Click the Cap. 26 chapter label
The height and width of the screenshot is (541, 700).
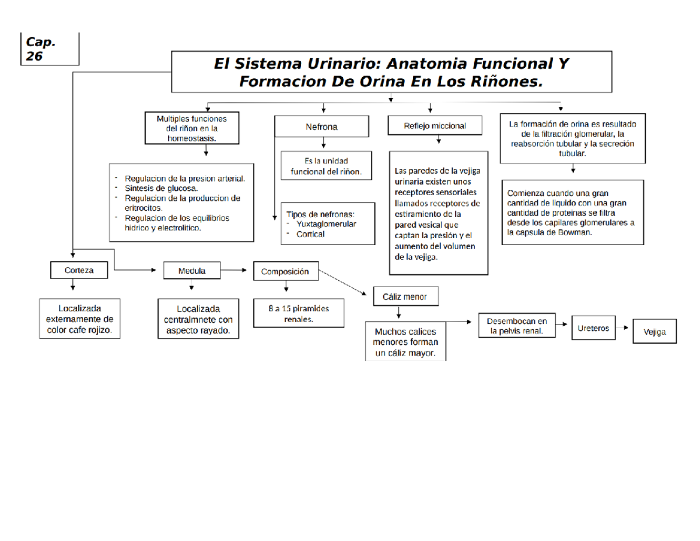[40, 48]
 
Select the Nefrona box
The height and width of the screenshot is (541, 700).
[321, 126]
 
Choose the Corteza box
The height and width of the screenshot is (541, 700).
[79, 270]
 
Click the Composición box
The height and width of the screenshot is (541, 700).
[285, 271]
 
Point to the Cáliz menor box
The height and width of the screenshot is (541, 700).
[405, 296]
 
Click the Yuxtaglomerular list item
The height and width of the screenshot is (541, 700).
[326, 224]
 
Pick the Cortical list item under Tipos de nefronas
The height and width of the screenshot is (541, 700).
[310, 234]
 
